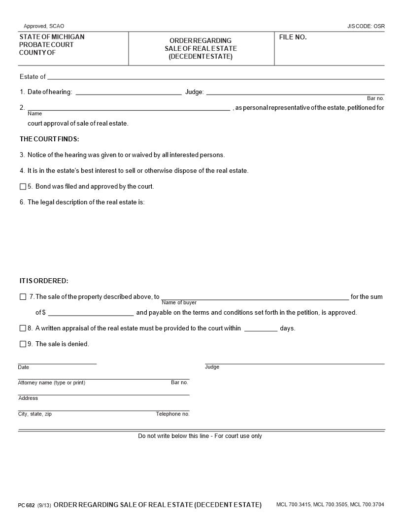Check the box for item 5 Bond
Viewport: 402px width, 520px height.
point(23,187)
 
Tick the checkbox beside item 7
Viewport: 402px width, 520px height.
point(23,297)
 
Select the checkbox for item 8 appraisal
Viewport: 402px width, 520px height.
point(23,328)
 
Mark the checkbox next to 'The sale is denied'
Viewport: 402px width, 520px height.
point(23,344)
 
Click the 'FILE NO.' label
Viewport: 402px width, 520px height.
point(293,37)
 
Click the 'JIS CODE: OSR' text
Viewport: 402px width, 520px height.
point(366,26)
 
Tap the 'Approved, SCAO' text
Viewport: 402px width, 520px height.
point(44,26)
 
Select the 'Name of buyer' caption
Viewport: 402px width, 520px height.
point(179,302)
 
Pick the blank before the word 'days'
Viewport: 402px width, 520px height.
point(261,328)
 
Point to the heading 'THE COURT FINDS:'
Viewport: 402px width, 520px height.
point(49,139)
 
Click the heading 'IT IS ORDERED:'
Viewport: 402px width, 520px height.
point(44,281)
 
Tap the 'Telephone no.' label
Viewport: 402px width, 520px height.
point(172,414)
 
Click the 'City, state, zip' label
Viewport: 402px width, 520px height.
point(34,414)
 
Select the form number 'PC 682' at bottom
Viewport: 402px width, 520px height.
point(26,505)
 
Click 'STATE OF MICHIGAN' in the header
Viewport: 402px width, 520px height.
point(52,37)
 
